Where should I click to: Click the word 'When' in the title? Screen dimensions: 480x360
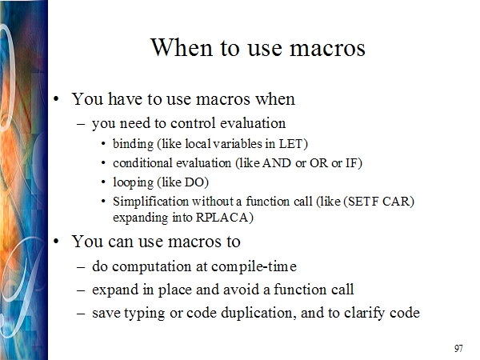(x=182, y=47)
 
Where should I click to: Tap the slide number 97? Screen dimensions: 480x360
(x=458, y=348)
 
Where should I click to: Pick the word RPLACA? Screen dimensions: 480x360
(x=222, y=218)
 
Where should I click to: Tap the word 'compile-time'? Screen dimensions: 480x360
(x=254, y=266)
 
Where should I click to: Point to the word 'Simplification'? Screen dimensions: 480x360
(x=150, y=202)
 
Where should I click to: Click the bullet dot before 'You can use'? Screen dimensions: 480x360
(x=56, y=242)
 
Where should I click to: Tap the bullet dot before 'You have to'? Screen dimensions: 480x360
(x=56, y=99)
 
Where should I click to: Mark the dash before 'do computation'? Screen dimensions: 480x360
(x=81, y=267)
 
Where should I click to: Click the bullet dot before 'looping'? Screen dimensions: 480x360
(x=103, y=182)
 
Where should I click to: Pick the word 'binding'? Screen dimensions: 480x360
(x=133, y=144)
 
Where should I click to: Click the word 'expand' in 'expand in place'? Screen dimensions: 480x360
(x=115, y=290)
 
